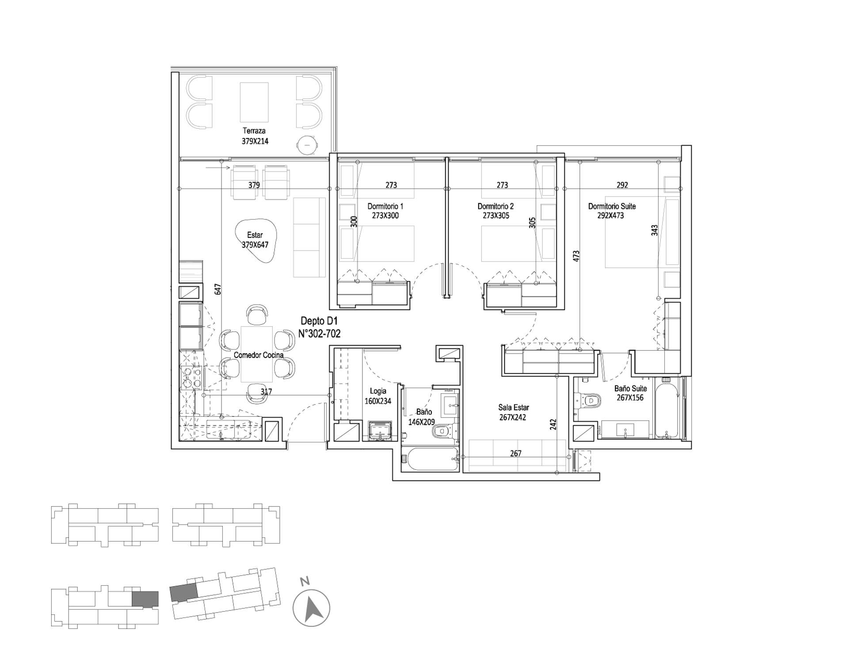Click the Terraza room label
pyautogui.click(x=254, y=131)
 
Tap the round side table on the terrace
pyautogui.click(x=307, y=143)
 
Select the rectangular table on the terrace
pyautogui.click(x=254, y=102)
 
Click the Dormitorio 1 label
pyautogui.click(x=385, y=206)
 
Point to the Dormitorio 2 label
pyautogui.click(x=496, y=206)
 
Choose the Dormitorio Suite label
pyautogui.click(x=612, y=206)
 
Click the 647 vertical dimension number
pyautogui.click(x=217, y=290)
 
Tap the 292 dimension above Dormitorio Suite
pyautogui.click(x=622, y=185)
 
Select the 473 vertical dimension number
pyautogui.click(x=576, y=256)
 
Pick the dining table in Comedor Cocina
pyautogui.click(x=256, y=354)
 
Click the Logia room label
pyautogui.click(x=378, y=391)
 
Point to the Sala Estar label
pyautogui.click(x=514, y=408)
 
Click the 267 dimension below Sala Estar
pyautogui.click(x=515, y=453)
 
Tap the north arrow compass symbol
pyautogui.click(x=312, y=608)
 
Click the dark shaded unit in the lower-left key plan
pyautogui.click(x=145, y=599)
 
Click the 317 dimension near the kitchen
pyautogui.click(x=266, y=392)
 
